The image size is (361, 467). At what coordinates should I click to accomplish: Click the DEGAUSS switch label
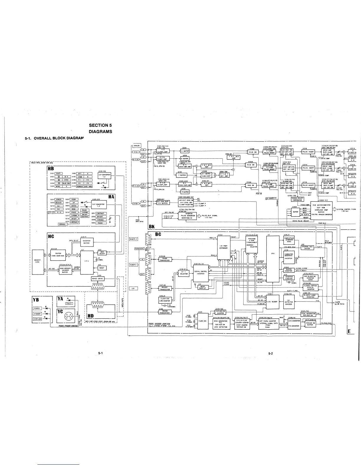coord(58,203)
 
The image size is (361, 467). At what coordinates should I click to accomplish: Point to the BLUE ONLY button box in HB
coord(66,183)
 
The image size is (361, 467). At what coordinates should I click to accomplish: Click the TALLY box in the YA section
coord(68,303)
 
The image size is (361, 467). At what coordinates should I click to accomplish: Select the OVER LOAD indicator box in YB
coord(37,319)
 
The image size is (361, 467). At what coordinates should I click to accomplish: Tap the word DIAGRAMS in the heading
coord(100,131)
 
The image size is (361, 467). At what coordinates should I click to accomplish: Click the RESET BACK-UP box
coord(202,287)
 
